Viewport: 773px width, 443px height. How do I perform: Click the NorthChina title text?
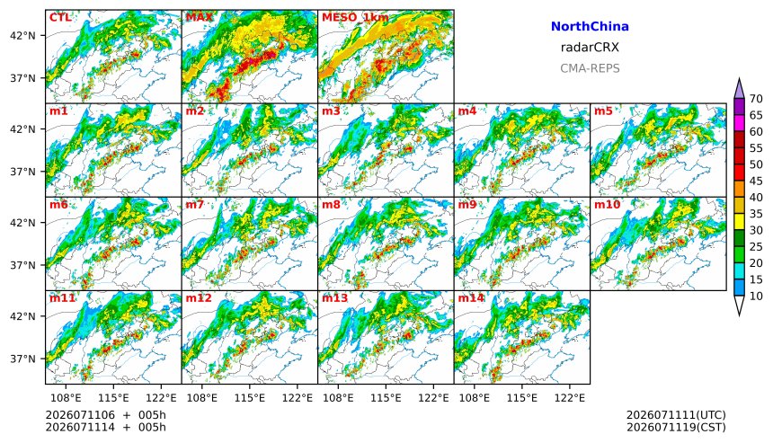(590, 27)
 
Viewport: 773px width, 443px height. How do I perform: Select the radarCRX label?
(590, 48)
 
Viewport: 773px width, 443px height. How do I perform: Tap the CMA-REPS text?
(590, 68)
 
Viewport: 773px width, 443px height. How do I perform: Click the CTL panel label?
(60, 18)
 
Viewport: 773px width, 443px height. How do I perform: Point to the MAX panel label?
(200, 18)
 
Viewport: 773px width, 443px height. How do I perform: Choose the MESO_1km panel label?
(355, 18)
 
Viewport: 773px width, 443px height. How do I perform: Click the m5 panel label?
(603, 111)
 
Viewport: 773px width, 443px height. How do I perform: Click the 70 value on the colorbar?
(756, 99)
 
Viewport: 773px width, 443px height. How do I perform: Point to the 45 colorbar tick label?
(756, 182)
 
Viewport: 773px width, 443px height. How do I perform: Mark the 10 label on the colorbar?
(756, 297)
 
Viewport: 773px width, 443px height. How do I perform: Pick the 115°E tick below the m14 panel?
(521, 397)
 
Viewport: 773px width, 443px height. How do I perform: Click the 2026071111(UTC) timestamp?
(676, 415)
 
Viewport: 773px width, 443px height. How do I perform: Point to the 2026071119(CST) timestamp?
(676, 427)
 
